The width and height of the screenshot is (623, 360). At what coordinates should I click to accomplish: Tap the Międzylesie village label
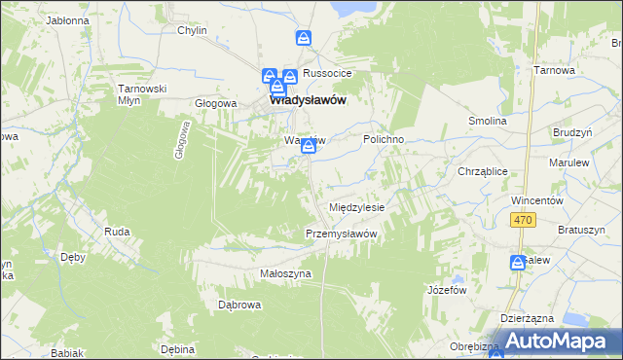click(357, 208)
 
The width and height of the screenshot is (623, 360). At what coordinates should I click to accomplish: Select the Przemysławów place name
click(341, 234)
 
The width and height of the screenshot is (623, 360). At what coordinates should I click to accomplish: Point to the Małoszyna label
click(285, 274)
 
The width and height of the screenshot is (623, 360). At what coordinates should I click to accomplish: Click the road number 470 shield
click(524, 223)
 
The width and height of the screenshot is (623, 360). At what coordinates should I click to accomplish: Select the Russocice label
click(326, 73)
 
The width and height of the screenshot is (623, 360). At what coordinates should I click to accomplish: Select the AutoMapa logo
click(551, 341)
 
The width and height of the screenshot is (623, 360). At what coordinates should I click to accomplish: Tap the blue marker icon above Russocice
click(304, 39)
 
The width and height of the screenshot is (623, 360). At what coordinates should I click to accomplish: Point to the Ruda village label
click(117, 232)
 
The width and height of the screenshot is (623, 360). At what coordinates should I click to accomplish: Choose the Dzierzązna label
click(527, 318)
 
